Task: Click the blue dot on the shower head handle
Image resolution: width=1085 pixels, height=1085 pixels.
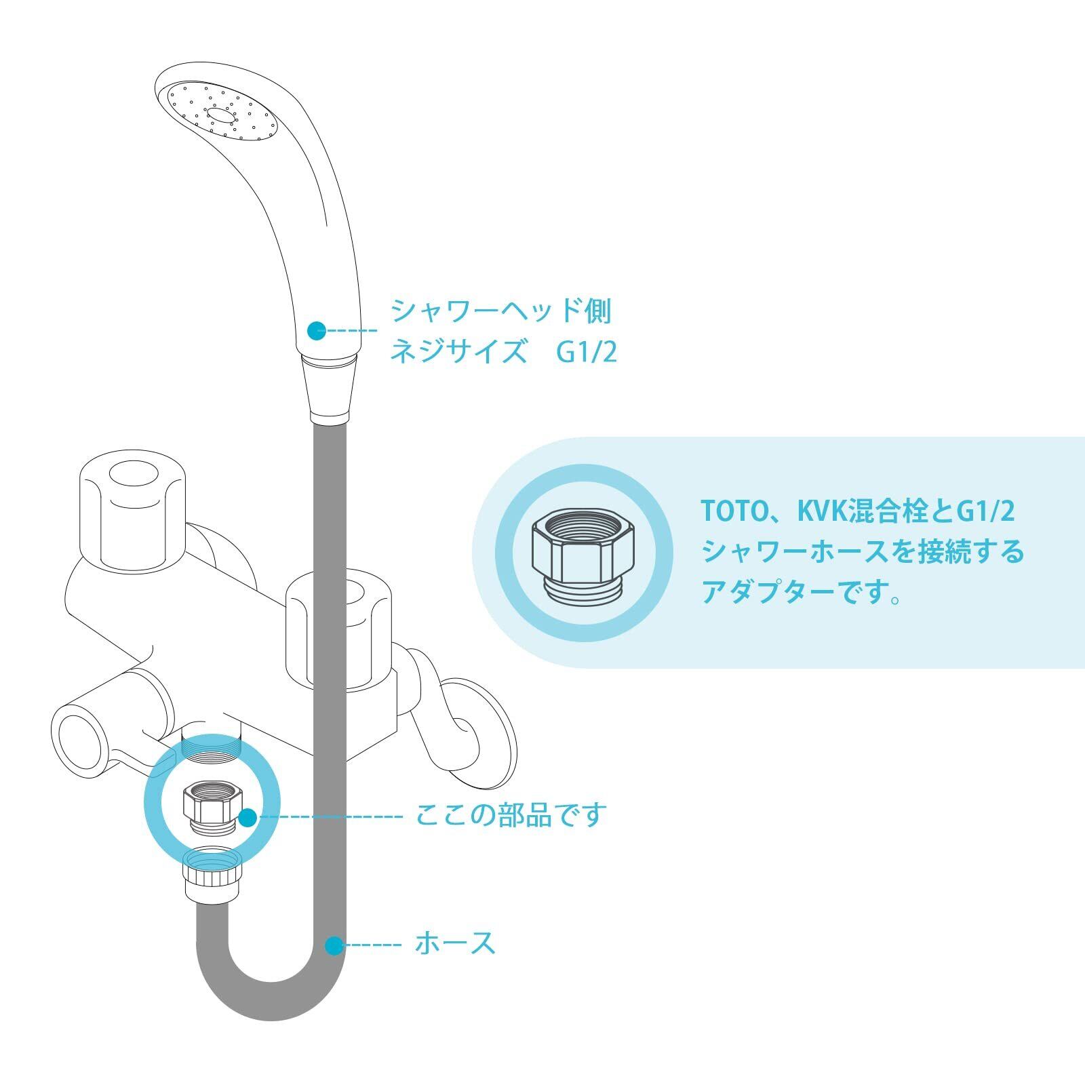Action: coord(316,331)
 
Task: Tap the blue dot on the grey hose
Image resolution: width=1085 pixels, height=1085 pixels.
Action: coord(334,945)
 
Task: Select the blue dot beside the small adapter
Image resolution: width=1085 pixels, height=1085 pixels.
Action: coord(248,817)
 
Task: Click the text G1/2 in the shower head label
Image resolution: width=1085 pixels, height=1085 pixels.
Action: coord(587,353)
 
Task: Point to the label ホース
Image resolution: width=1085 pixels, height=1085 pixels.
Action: coord(455,943)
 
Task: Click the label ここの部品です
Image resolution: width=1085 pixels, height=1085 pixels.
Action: coord(510,814)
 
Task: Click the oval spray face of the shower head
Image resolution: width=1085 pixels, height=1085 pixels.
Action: coord(222,113)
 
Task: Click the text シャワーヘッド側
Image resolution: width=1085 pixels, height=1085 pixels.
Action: coord(500,311)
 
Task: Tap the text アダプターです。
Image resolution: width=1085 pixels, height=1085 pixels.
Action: coord(801,592)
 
